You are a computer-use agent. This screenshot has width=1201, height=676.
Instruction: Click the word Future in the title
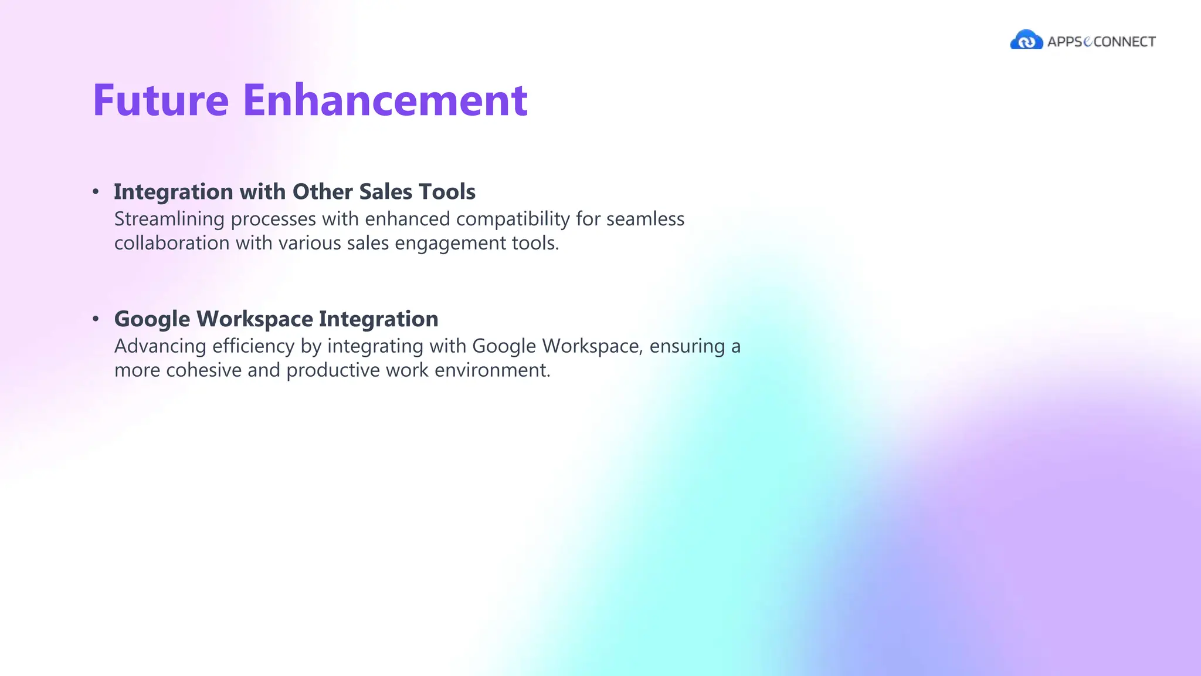pos(160,100)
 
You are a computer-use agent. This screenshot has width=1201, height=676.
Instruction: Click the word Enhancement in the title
pos(385,100)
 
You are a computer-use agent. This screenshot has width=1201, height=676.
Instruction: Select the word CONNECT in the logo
pos(1125,42)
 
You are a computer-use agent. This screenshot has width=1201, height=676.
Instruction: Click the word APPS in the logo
pos(1064,42)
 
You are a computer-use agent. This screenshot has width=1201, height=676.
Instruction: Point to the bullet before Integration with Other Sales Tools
pos(96,192)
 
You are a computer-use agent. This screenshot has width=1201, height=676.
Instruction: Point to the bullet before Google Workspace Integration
pos(96,319)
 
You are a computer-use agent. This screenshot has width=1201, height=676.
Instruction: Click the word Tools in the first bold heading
pos(450,192)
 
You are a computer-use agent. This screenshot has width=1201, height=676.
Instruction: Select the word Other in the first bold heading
pos(322,192)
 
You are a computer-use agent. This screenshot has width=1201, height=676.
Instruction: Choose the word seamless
pos(645,219)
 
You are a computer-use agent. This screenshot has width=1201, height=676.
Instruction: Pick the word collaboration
pos(172,243)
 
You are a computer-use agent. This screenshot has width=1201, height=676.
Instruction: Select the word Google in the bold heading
pos(152,320)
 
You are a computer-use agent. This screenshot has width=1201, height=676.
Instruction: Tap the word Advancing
pos(160,347)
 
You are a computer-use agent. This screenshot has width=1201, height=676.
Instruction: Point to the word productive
pos(333,371)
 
